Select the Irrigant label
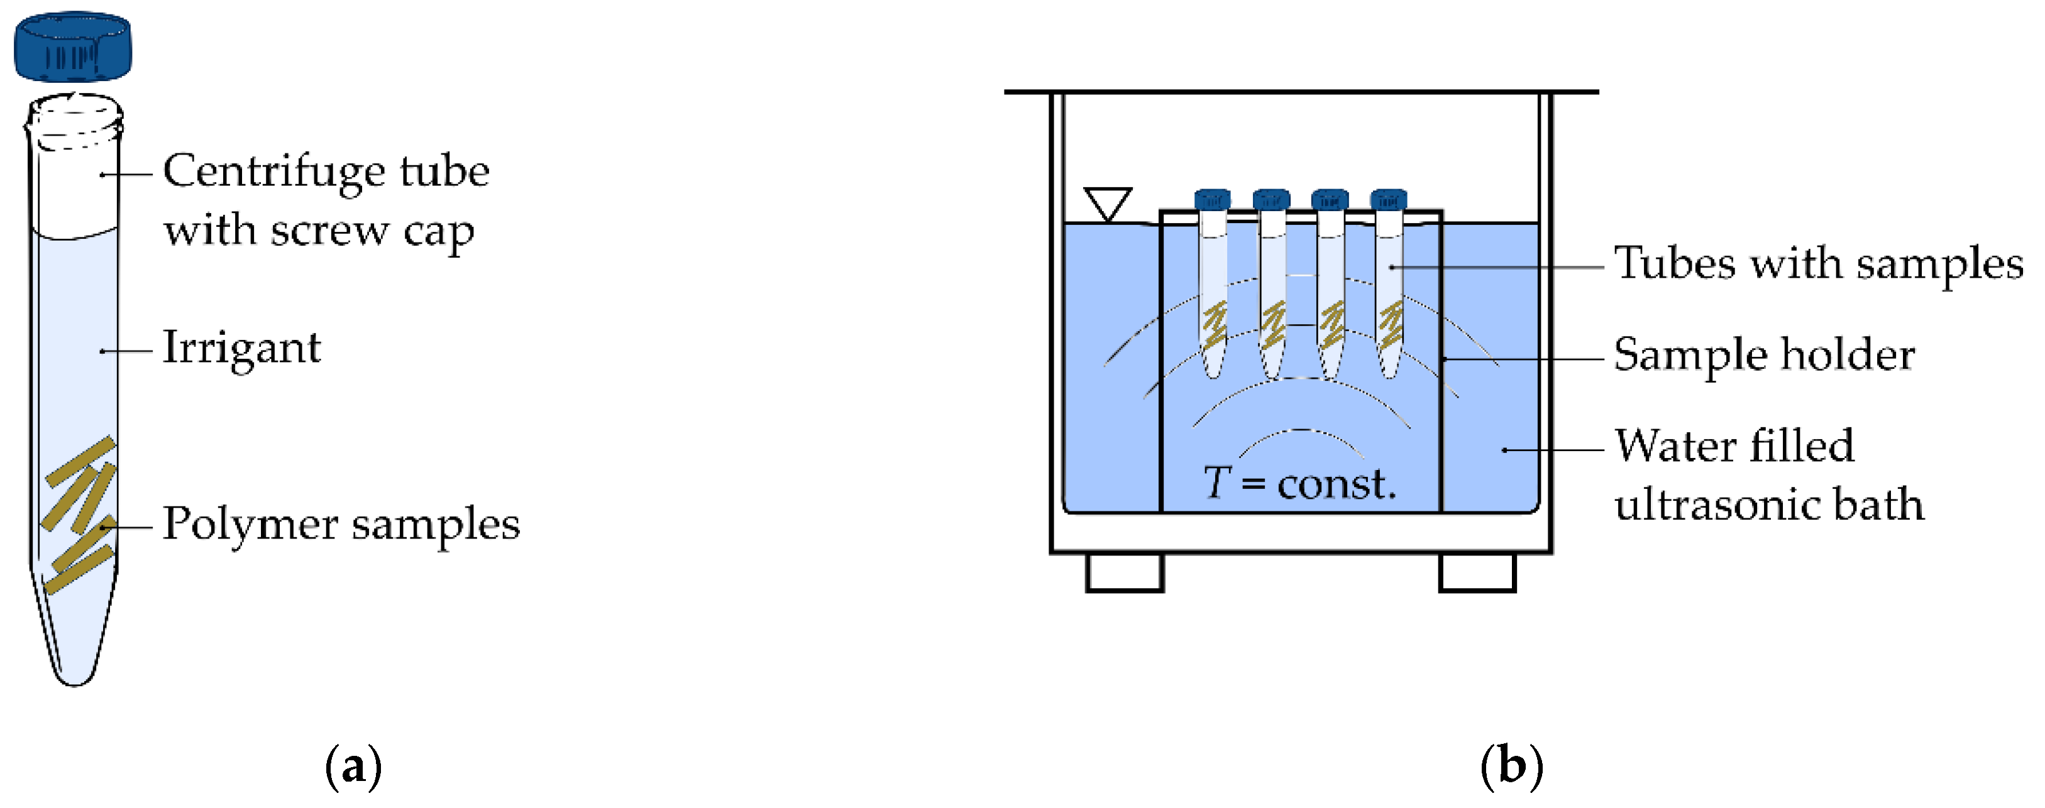(x=241, y=349)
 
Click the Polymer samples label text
(x=341, y=525)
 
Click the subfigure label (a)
(x=353, y=767)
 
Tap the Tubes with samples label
(x=1818, y=265)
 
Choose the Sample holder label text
(x=1764, y=355)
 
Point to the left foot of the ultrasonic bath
(x=1124, y=572)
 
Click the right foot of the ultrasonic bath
(x=1477, y=572)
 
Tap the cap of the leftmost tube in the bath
(x=1212, y=199)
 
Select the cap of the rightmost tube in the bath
(x=1389, y=199)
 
